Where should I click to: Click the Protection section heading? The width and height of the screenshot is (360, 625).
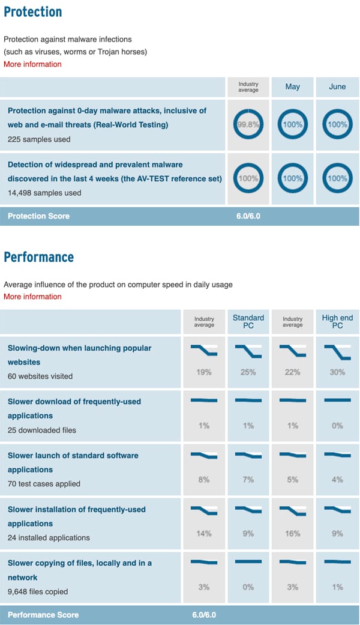(x=32, y=11)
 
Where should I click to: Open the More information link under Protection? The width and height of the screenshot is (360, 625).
(x=32, y=64)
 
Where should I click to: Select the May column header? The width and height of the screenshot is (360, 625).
(x=293, y=86)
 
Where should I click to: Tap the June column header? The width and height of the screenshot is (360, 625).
(x=337, y=86)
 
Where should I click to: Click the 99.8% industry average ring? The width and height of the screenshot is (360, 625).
(x=248, y=125)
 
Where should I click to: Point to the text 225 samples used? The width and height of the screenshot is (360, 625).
(x=39, y=139)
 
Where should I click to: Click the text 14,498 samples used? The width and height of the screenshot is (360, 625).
(x=44, y=193)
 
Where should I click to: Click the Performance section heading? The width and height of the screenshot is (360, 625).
(x=38, y=257)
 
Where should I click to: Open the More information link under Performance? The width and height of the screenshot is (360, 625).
(x=32, y=297)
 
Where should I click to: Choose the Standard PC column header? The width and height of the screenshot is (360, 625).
(x=248, y=321)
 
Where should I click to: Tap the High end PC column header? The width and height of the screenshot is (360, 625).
(x=337, y=321)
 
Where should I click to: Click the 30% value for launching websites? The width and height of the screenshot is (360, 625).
(x=337, y=372)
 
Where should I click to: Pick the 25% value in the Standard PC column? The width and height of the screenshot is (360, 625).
(x=248, y=372)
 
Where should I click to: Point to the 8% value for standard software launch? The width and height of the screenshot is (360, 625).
(x=204, y=480)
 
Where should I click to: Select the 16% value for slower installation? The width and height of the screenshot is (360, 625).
(x=293, y=533)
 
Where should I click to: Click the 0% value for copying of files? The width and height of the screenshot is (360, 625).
(x=248, y=587)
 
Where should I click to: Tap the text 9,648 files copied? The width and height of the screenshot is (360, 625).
(x=38, y=591)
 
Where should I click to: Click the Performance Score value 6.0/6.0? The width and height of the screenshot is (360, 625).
(x=204, y=615)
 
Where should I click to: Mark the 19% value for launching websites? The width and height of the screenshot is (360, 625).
(x=204, y=372)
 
